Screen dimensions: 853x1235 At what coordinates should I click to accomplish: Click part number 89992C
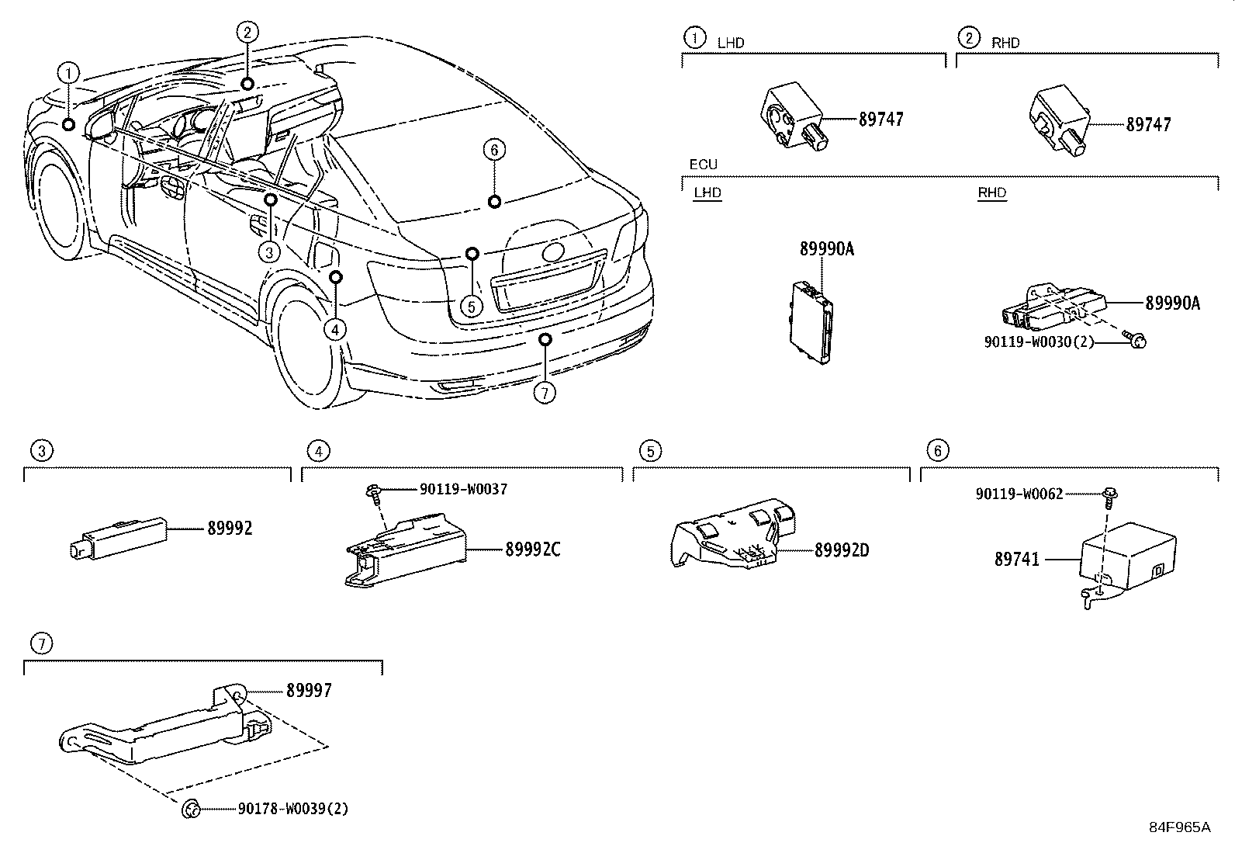pos(532,550)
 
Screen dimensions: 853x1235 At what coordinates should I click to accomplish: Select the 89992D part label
pos(842,550)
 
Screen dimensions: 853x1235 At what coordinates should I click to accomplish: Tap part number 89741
pos(1017,559)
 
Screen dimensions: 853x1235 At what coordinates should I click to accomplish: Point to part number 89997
pos(309,690)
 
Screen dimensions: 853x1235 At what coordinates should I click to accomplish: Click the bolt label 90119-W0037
pos(463,489)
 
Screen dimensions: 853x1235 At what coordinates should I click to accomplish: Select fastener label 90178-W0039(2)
pos(292,809)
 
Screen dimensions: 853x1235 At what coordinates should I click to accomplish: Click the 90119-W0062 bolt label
pos(1019,493)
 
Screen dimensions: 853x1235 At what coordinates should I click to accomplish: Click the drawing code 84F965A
pos(1179,827)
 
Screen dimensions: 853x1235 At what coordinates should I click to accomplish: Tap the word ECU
pos(703,165)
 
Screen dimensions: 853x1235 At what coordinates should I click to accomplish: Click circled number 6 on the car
pos(494,149)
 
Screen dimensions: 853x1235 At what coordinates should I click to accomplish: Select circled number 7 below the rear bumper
pos(545,393)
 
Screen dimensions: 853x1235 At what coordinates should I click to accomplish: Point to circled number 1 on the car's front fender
pos(69,74)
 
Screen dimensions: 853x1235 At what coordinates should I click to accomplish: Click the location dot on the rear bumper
pos(545,338)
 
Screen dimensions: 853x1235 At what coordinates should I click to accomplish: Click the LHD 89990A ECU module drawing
pos(811,321)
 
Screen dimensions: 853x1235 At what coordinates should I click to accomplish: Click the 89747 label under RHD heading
pos(1148,124)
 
